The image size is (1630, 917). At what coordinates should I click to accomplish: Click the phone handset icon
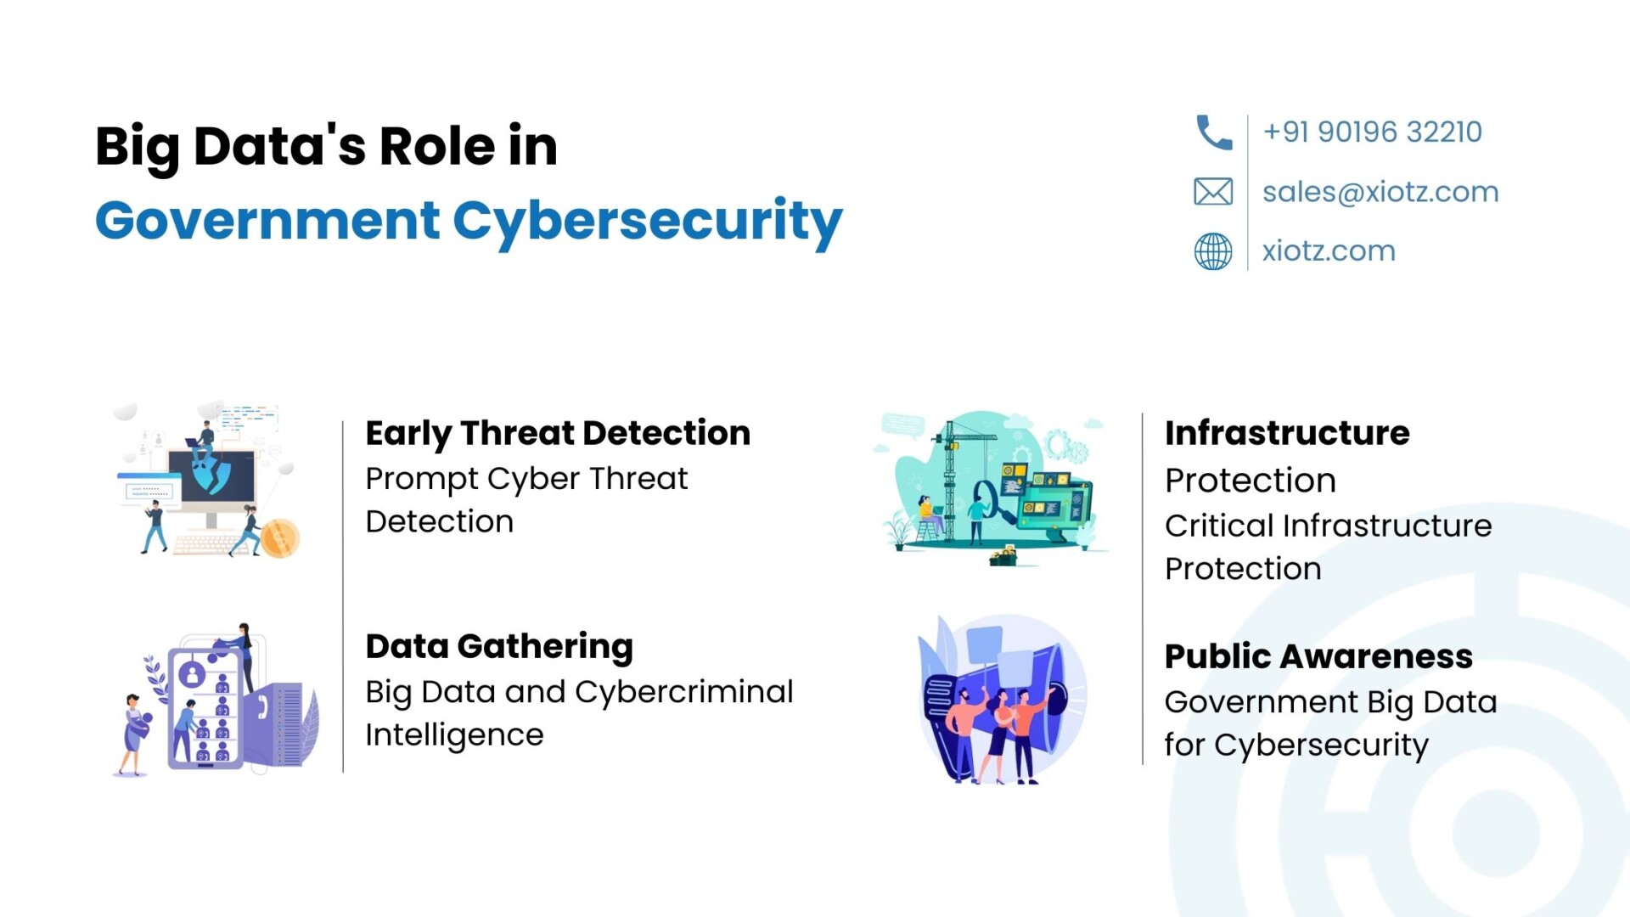tap(1213, 132)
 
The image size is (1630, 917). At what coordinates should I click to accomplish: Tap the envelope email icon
tap(1213, 192)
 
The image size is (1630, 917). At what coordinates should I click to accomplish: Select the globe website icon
tap(1213, 251)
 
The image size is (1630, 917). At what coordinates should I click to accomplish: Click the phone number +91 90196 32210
tap(1372, 132)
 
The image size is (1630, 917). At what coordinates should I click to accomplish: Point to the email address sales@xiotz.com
tap(1380, 192)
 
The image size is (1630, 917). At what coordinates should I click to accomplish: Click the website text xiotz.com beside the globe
tap(1329, 250)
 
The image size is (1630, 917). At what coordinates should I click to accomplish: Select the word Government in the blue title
tap(267, 220)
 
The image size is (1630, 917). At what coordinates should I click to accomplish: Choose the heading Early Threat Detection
tap(558, 433)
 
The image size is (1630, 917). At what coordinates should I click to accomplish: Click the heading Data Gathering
tap(499, 647)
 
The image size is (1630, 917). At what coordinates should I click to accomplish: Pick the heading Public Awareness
tap(1318, 656)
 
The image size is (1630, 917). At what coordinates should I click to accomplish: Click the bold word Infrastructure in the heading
tap(1287, 433)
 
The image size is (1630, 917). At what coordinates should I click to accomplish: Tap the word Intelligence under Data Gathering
tap(454, 735)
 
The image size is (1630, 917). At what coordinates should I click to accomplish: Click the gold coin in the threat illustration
tap(279, 538)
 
